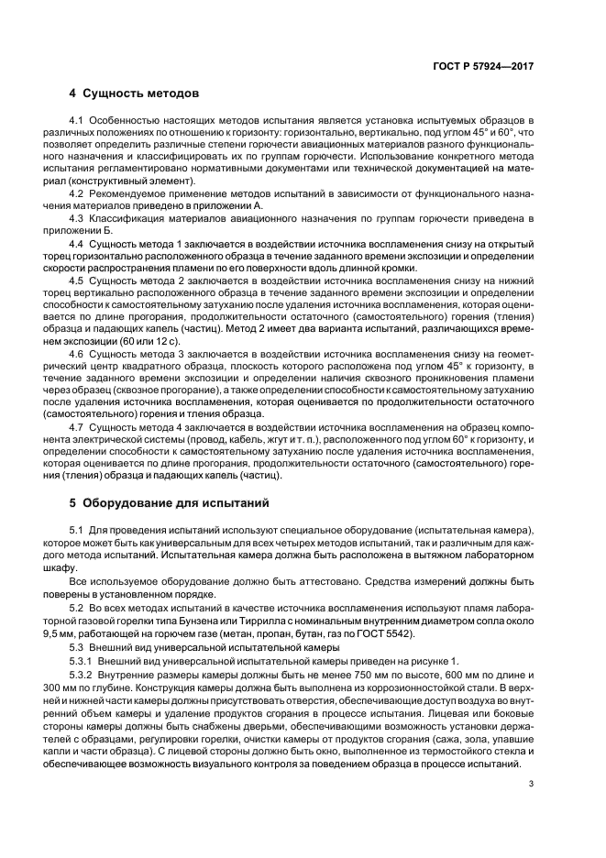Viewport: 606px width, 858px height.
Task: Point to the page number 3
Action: [x=531, y=783]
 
